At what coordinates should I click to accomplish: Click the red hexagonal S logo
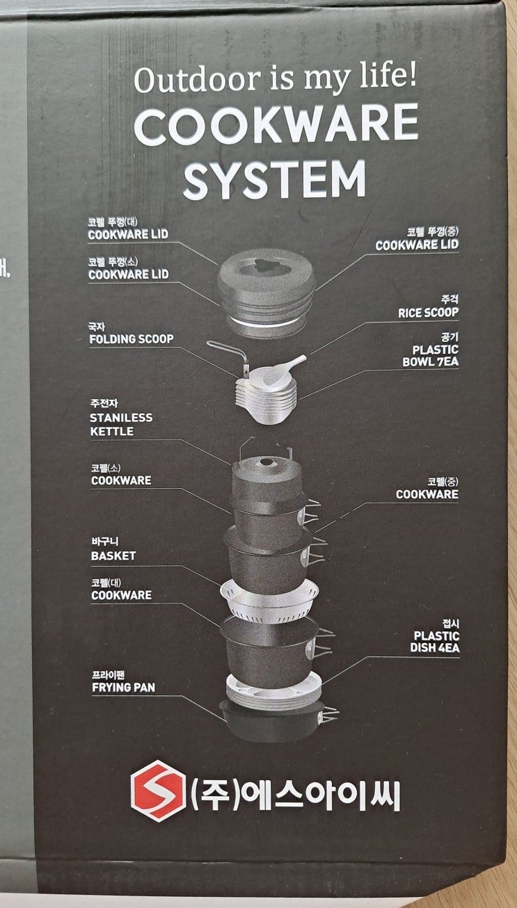[158, 791]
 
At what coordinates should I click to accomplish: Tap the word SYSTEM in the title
[275, 179]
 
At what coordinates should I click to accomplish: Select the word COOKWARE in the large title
[276, 124]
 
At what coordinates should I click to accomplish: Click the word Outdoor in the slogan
[197, 79]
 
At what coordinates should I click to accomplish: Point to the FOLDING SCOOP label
[132, 339]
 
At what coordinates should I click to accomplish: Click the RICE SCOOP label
[428, 313]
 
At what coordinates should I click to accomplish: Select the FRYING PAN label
[123, 688]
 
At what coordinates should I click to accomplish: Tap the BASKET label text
[113, 556]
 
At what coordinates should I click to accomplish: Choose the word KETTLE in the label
[111, 431]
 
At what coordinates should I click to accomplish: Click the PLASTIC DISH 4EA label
[435, 642]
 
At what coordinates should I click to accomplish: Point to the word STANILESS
[121, 418]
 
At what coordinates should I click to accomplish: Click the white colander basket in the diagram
[269, 600]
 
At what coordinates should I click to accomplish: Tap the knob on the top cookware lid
[267, 266]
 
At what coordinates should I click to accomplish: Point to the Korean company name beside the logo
[296, 794]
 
